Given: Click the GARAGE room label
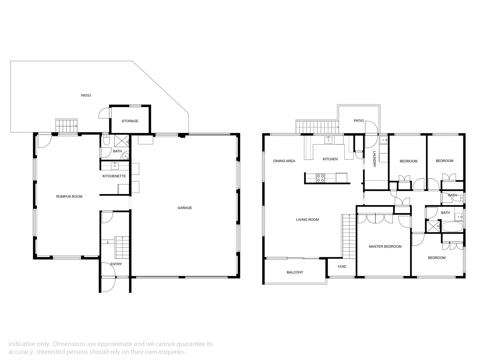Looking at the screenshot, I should pyautogui.click(x=184, y=208).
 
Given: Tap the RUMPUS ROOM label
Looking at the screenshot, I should pyautogui.click(x=69, y=196).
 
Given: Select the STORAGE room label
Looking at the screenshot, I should pyautogui.click(x=130, y=121).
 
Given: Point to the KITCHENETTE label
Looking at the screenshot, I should pyautogui.click(x=114, y=176).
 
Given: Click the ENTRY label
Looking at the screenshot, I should pyautogui.click(x=116, y=264).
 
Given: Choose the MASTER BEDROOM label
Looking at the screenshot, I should pyautogui.click(x=385, y=246).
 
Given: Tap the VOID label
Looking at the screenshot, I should pyautogui.click(x=342, y=266).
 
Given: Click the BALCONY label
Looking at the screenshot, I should pyautogui.click(x=295, y=272).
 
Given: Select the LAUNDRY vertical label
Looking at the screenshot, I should pyautogui.click(x=374, y=159).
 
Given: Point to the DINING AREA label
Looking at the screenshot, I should pyautogui.click(x=284, y=161).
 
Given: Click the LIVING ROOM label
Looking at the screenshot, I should pyautogui.click(x=307, y=220).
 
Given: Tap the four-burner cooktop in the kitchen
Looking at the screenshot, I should pyautogui.click(x=320, y=178).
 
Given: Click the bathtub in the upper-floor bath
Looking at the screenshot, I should pyautogui.click(x=452, y=227).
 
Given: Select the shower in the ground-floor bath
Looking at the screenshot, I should pyautogui.click(x=122, y=140).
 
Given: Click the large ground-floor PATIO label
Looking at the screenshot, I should pyautogui.click(x=86, y=95).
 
